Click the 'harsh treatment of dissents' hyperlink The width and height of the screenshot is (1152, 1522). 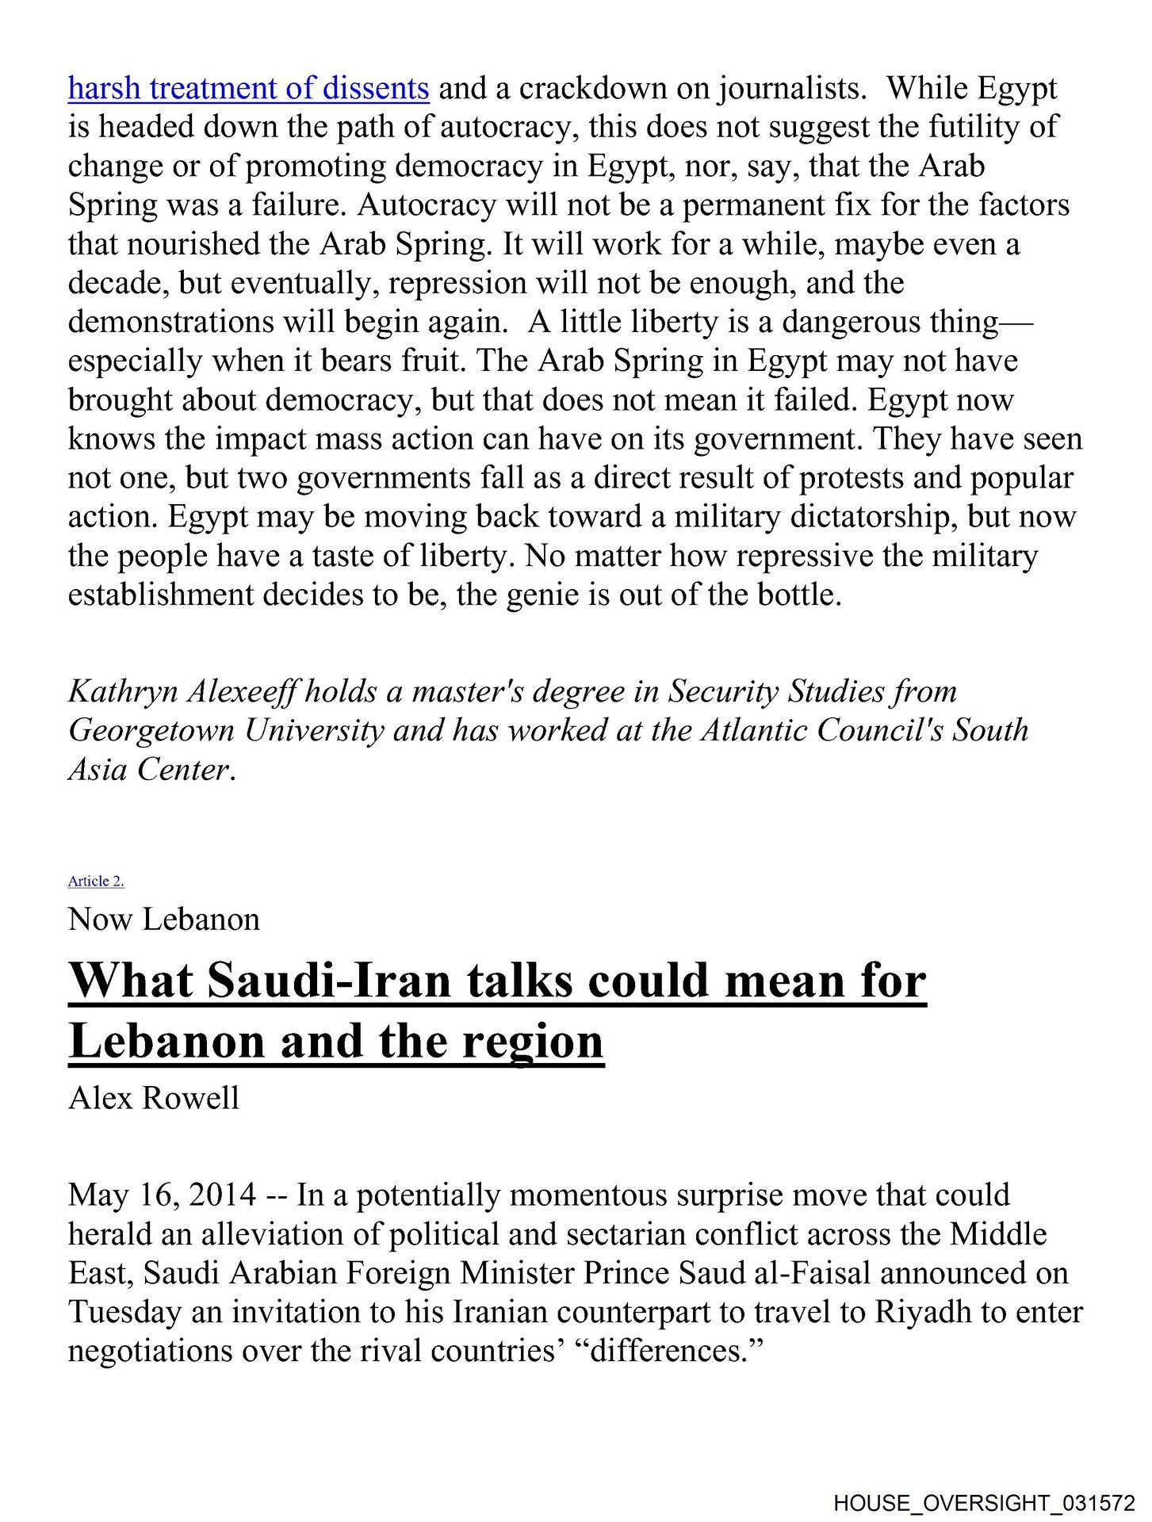coord(248,88)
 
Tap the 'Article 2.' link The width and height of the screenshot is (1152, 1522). coord(96,881)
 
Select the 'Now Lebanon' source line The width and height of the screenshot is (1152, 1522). coord(164,920)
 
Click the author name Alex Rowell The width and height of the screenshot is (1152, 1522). coord(154,1098)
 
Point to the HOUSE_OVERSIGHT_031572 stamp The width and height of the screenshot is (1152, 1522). coord(984,1503)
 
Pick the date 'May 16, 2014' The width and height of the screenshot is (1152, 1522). coord(162,1195)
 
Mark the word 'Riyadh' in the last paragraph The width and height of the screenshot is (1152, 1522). coord(923,1312)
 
